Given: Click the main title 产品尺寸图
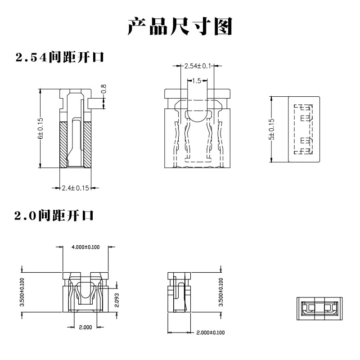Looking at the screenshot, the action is click(180, 27).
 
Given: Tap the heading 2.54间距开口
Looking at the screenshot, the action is click(60, 57).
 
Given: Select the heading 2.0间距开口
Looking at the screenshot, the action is click(54, 216).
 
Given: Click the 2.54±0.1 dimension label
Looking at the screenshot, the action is click(198, 66).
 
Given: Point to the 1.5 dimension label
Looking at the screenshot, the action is click(197, 81).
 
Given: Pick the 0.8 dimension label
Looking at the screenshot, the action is click(103, 89).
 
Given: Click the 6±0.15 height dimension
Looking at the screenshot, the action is click(40, 128).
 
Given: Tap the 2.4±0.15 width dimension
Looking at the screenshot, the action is click(75, 188).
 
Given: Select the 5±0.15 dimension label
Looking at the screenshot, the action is click(271, 129).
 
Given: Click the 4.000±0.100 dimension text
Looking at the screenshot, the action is click(85, 247).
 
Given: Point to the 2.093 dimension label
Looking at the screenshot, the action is click(117, 300).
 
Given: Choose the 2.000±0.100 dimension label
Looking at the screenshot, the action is click(211, 333).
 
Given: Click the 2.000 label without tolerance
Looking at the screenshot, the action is click(85, 327).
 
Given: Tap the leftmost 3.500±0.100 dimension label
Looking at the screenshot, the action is click(22, 292).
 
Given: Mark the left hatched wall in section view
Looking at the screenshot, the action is click(63, 144).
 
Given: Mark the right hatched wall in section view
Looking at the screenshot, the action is click(87, 144).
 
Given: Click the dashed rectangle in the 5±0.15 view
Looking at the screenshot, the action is click(303, 129).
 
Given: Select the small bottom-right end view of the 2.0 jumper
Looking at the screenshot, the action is click(319, 309).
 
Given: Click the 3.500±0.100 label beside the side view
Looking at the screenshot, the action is click(221, 292).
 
